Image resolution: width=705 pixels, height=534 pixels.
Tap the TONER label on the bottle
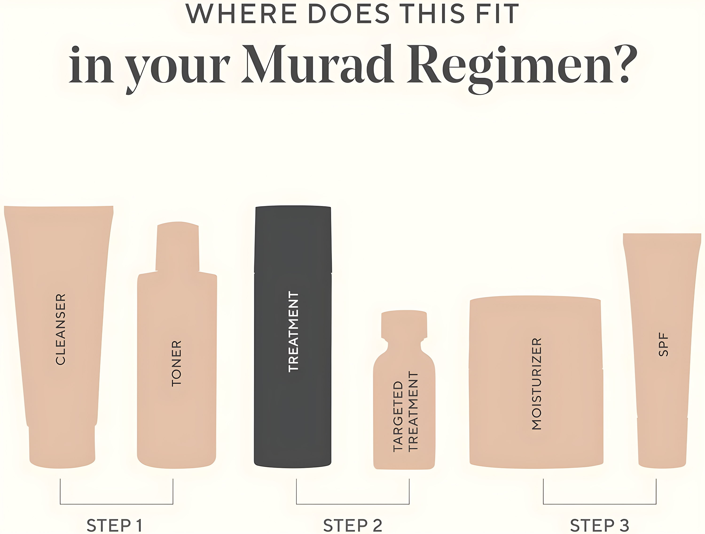click(x=176, y=364)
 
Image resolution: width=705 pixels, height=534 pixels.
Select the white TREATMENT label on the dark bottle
click(x=293, y=332)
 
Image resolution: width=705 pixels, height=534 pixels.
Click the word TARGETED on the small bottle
click(x=398, y=417)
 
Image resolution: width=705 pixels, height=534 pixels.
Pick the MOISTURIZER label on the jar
click(x=537, y=384)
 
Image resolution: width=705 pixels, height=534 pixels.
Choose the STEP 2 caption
click(x=352, y=525)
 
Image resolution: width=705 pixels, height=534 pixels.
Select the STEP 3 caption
click(x=599, y=525)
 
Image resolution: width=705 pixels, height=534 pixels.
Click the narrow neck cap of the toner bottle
click(x=177, y=247)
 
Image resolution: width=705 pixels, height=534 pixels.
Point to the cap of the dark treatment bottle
click(x=293, y=239)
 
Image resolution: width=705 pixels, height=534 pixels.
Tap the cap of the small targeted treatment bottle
click(x=404, y=324)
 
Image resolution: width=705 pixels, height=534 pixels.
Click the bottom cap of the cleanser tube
click(x=62, y=446)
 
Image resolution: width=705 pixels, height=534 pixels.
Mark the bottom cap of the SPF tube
click(x=662, y=443)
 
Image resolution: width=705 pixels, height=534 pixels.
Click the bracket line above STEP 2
click(x=352, y=504)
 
